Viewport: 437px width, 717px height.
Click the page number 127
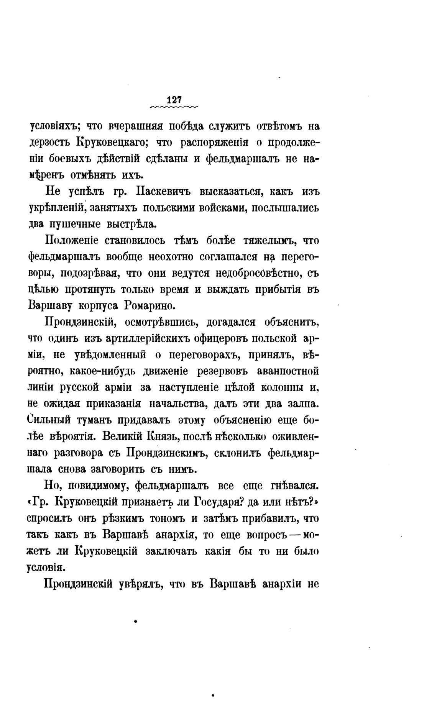(x=174, y=100)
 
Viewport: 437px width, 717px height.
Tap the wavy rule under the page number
(x=175, y=107)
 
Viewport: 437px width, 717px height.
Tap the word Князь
(x=160, y=436)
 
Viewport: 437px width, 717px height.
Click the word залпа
(x=304, y=404)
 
